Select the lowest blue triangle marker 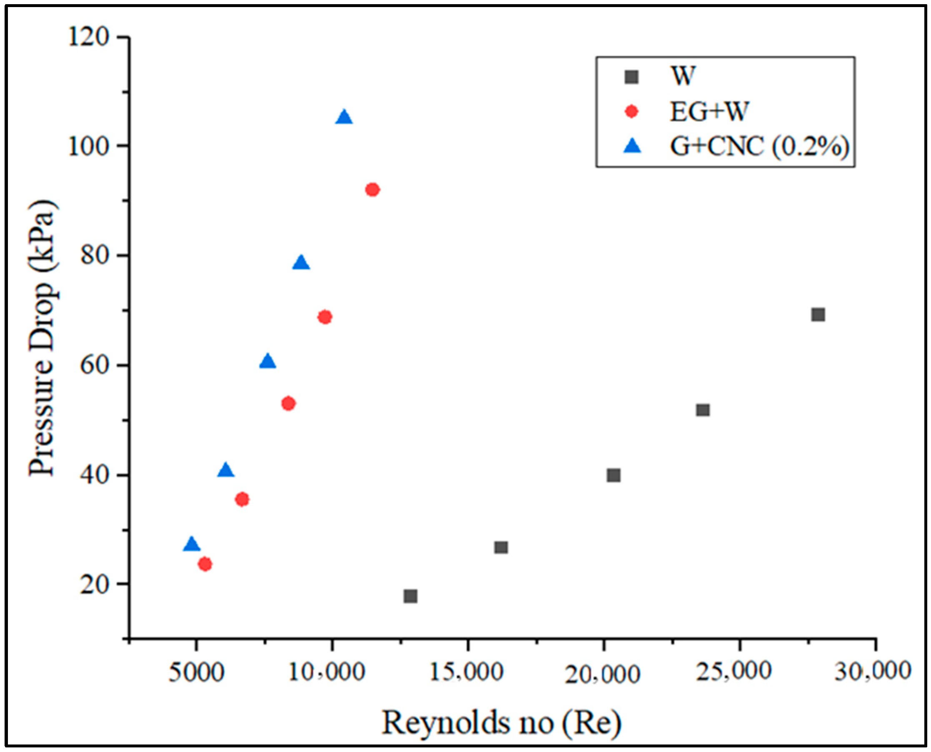pyautogui.click(x=191, y=545)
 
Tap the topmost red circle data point pyautogui.click(x=373, y=190)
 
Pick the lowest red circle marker pyautogui.click(x=205, y=564)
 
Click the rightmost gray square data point pyautogui.click(x=818, y=315)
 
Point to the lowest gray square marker pyautogui.click(x=410, y=597)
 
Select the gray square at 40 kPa pyautogui.click(x=613, y=475)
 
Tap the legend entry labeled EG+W pyautogui.click(x=709, y=112)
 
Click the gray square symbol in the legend pyautogui.click(x=632, y=77)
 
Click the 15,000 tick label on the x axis pyautogui.click(x=467, y=673)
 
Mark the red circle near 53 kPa pyautogui.click(x=288, y=403)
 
